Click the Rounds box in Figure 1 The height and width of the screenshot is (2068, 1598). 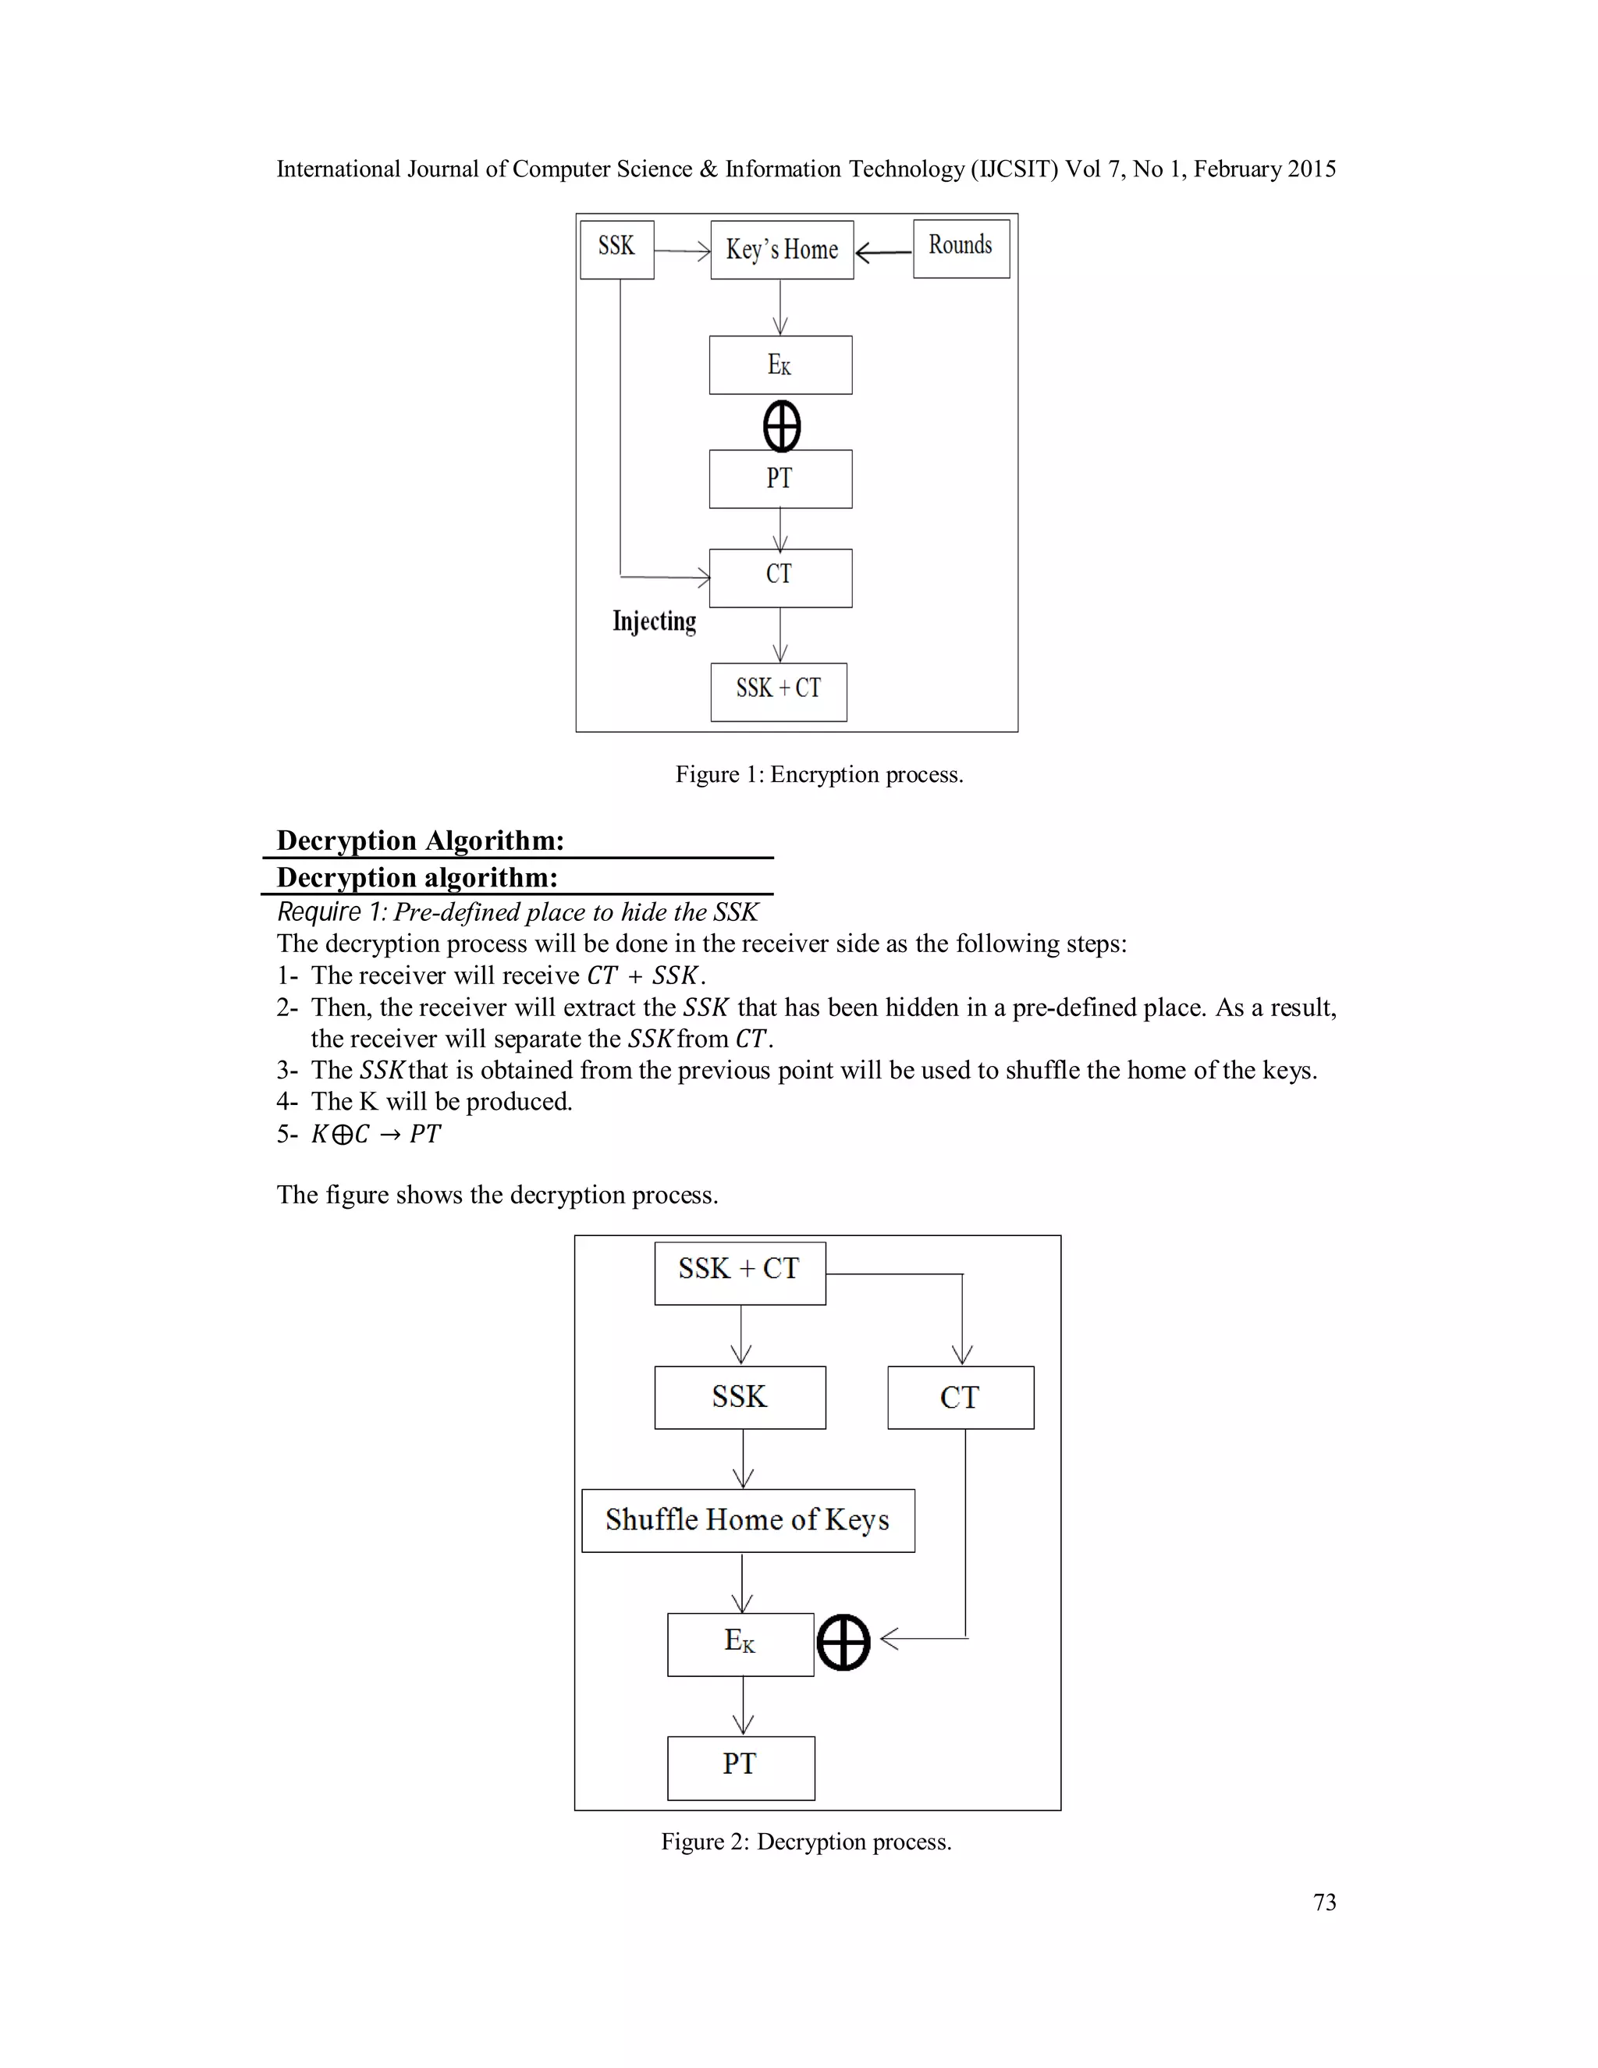961,248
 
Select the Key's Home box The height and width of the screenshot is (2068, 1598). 782,250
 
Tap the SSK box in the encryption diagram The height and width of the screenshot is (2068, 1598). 616,249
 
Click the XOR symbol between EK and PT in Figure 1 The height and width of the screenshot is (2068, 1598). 782,426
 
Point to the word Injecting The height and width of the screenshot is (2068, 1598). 654,621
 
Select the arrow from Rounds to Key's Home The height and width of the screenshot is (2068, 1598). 882,252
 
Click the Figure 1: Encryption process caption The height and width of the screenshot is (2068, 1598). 819,775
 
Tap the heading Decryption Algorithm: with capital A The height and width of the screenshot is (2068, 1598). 421,840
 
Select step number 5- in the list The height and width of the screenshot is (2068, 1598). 287,1133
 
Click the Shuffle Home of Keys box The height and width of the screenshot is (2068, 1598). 748,1519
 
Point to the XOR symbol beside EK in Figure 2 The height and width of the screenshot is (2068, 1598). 843,1642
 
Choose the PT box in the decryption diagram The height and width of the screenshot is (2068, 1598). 740,1767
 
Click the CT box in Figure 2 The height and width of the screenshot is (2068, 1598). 960,1397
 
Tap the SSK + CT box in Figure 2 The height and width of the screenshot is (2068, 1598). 740,1273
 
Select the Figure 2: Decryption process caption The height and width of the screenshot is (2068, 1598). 805,1842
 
